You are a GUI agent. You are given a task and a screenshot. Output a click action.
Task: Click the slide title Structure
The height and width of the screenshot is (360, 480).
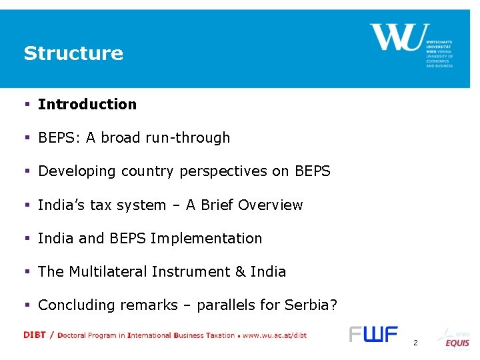pos(73,53)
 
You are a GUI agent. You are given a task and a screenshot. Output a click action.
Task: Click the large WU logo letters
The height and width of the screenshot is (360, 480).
pos(395,38)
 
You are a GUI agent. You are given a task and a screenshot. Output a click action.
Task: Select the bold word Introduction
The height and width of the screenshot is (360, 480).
pos(87,105)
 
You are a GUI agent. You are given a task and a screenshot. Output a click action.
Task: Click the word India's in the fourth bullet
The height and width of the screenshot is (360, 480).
pos(59,205)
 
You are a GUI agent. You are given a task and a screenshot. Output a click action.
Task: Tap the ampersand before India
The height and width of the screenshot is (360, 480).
pos(241,272)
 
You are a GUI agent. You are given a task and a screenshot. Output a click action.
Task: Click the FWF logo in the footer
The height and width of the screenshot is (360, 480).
pos(373,335)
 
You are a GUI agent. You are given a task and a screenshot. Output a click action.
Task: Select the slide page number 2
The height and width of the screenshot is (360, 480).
pos(415,343)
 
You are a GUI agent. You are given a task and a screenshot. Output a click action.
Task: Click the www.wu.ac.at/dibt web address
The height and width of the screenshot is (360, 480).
pos(274,336)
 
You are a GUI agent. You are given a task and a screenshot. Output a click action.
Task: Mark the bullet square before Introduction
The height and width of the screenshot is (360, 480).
pos(27,105)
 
